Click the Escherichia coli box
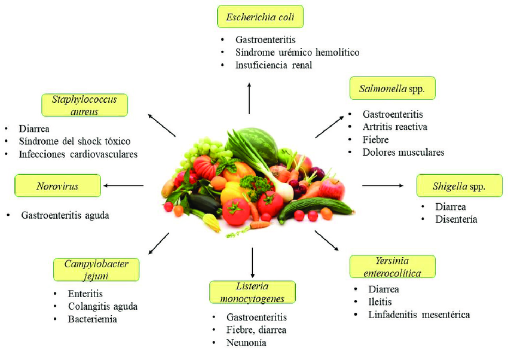coord(260,17)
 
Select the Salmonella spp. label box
coord(392,88)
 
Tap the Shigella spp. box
coord(460,185)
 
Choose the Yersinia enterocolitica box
coord(392,267)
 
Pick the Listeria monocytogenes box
coord(252,292)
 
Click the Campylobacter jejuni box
coord(96,270)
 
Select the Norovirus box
coord(57,185)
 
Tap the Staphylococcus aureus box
coord(84,105)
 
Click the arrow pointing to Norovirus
coord(124,185)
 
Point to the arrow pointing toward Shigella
coord(382,185)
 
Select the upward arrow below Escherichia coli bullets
coord(249,98)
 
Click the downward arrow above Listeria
coord(252,263)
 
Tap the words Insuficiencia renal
coord(274,65)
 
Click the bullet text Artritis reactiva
coord(395,127)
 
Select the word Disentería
coord(456,219)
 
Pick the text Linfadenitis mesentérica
coord(419,315)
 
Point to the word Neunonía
coord(246,343)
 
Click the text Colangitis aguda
coord(103,307)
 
